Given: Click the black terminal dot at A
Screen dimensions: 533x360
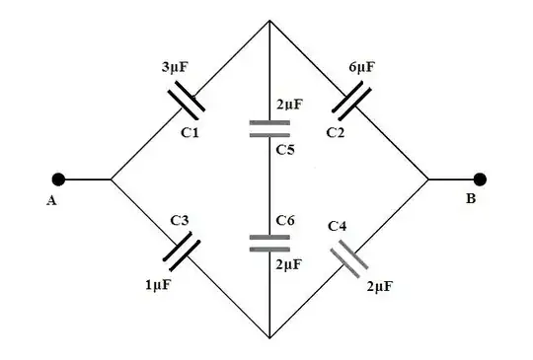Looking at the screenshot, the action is tap(59, 180).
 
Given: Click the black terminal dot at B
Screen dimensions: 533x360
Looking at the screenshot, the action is tap(481, 180).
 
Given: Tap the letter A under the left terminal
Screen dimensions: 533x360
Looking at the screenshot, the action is tap(50, 202).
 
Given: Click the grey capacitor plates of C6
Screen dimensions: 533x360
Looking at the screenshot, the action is tap(269, 242).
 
